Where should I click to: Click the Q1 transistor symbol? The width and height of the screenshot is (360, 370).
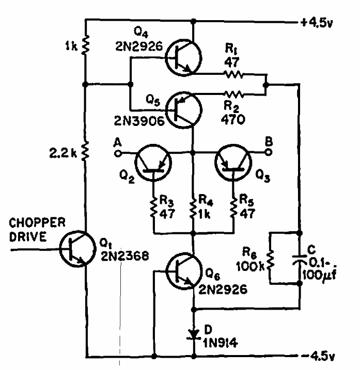pos(77,249)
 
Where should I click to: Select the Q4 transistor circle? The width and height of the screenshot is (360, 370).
pos(183,58)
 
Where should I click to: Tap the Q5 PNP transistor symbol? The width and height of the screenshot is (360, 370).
pos(183,110)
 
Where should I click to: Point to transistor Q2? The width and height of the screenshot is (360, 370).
pos(153,163)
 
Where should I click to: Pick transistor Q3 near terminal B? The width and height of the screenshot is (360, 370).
pos(233,163)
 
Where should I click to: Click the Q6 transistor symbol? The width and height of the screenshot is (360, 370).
pos(183,271)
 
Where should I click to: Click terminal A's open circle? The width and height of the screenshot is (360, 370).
pos(118,154)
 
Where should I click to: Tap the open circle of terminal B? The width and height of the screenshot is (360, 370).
pos(268,152)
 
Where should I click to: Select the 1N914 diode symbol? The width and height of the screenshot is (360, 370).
pos(194,334)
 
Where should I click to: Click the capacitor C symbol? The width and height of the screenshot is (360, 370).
pos(300,259)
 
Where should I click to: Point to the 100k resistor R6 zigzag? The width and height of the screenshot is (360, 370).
pos(270,260)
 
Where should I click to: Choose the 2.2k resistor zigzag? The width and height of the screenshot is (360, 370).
pos(85,151)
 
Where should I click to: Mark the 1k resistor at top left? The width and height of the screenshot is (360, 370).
pos(85,45)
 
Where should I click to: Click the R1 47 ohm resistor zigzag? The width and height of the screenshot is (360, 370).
pos(234,74)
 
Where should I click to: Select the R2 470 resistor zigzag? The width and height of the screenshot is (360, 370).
pos(234,94)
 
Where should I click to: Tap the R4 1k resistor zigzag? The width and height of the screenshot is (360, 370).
pos(194,208)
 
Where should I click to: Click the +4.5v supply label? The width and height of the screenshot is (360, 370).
pos(317,23)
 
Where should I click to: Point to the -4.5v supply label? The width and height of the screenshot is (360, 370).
pos(318,356)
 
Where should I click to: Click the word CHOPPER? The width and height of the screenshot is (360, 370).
pos(37,222)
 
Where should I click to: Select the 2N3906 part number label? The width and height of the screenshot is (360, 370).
pos(139,121)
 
